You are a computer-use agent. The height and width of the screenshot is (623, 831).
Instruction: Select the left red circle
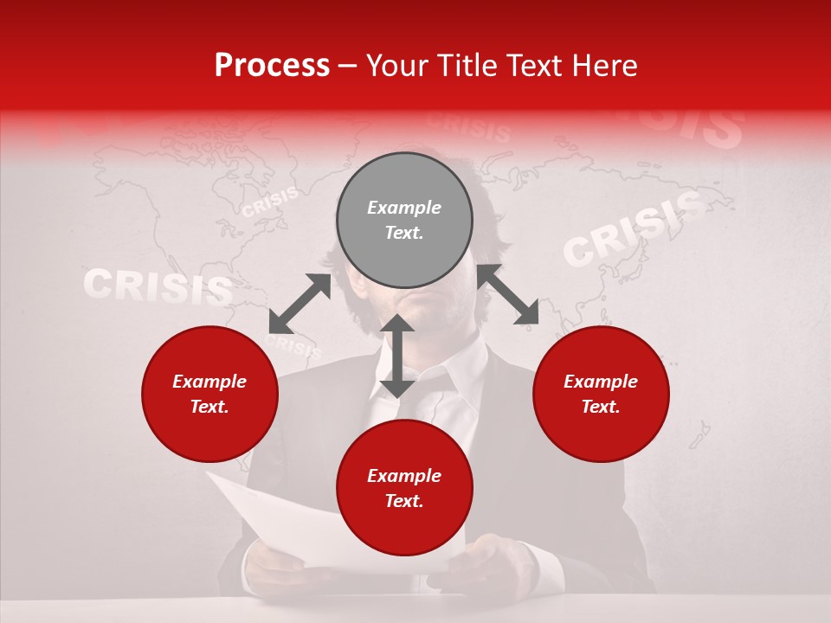209,394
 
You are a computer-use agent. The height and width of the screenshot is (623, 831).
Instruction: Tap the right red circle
601,394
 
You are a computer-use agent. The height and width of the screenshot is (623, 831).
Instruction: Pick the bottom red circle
404,488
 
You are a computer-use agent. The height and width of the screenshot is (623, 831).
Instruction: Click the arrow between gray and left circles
300,304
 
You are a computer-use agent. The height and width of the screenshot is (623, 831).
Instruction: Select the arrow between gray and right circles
507,294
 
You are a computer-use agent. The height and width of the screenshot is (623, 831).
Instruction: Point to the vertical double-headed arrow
396,356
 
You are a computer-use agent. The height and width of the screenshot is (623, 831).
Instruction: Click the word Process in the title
272,66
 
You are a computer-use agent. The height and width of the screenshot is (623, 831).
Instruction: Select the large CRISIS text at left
158,287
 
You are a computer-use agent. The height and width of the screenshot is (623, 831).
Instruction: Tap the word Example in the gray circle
404,208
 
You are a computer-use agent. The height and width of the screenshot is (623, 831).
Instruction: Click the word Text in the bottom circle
404,501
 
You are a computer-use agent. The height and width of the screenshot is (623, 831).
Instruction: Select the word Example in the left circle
209,382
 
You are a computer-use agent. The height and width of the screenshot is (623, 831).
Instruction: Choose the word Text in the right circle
601,407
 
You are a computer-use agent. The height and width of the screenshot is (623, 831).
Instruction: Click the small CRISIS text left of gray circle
270,202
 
